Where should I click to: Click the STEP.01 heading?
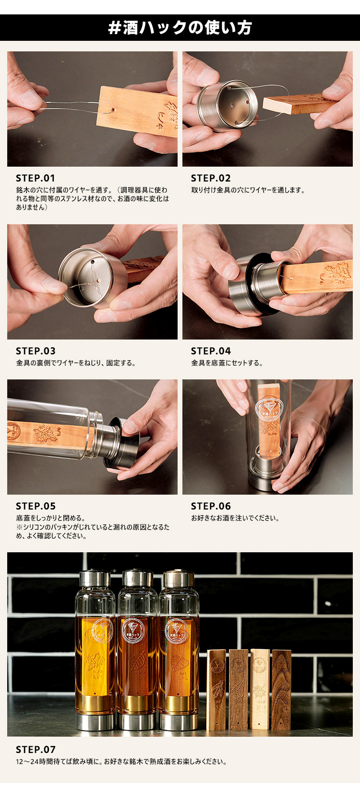(36, 178)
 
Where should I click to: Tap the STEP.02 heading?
(211, 178)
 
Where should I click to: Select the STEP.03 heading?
(36, 351)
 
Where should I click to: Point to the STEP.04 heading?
(211, 351)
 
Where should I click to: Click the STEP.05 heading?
(36, 506)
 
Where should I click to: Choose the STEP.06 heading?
(211, 506)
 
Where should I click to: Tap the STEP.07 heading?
(36, 750)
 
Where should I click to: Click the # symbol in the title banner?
(114, 28)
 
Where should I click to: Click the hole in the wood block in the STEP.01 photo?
(113, 109)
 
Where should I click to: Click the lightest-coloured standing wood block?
(260, 690)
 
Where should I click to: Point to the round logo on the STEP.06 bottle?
(269, 410)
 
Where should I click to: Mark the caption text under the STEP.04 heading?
(227, 363)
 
